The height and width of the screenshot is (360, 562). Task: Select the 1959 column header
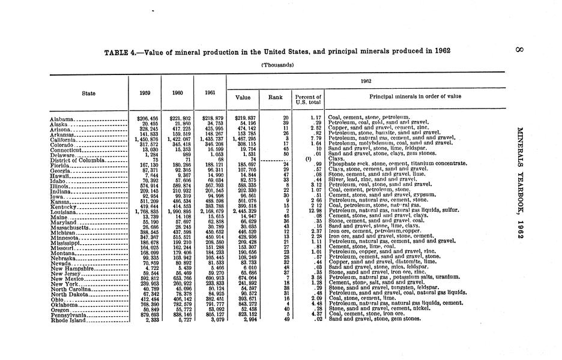[145, 94]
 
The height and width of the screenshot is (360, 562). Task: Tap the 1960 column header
[177, 94]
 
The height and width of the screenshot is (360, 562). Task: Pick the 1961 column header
[208, 94]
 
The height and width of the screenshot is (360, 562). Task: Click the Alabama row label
[62, 118]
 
